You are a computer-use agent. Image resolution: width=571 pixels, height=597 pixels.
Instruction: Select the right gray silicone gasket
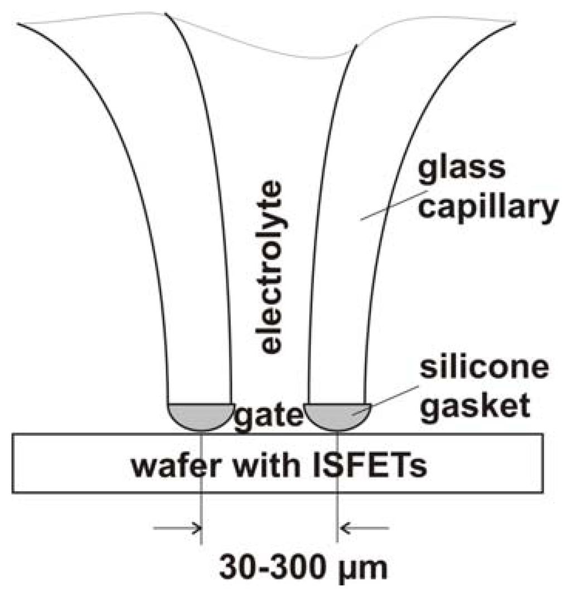[x=337, y=415]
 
